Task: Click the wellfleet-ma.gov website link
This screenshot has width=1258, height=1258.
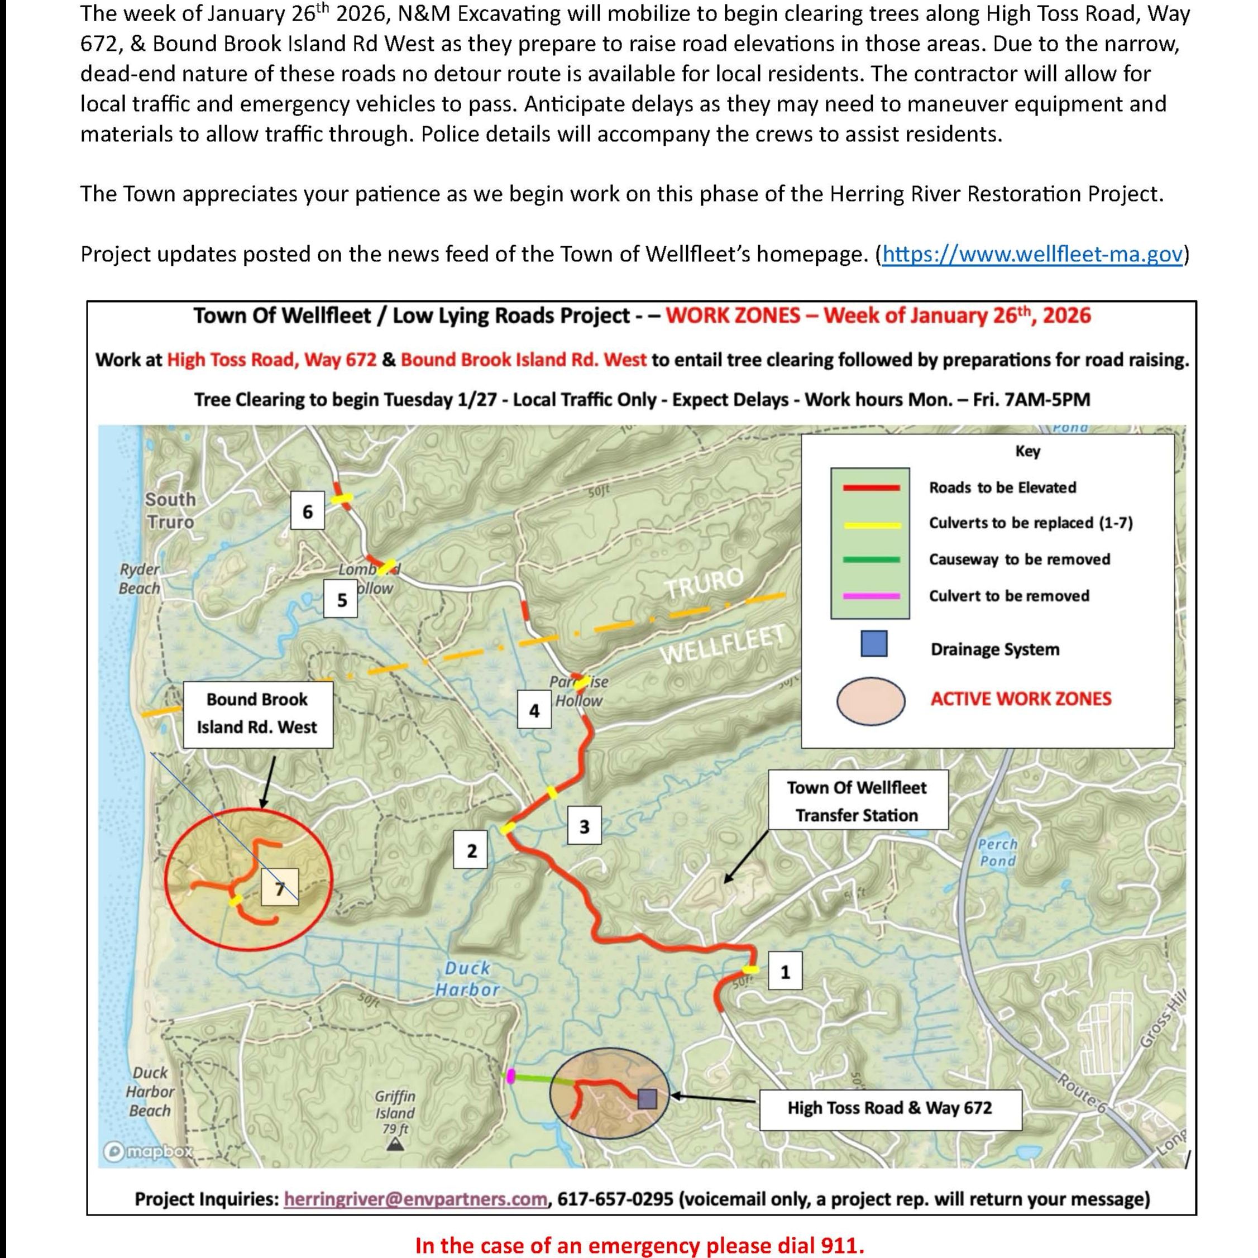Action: click(x=1031, y=254)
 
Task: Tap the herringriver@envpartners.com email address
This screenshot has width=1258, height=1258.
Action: click(x=415, y=1199)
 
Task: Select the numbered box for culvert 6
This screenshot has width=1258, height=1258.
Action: click(x=307, y=512)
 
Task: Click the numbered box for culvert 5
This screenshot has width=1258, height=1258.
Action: click(x=342, y=600)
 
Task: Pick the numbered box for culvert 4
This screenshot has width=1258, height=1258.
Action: click(x=534, y=710)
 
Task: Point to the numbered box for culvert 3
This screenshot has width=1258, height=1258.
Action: click(x=584, y=826)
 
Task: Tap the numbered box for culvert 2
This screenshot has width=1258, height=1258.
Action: click(x=471, y=850)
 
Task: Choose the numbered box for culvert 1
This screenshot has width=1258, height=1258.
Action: click(x=785, y=972)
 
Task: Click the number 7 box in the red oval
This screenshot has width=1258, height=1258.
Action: click(x=279, y=887)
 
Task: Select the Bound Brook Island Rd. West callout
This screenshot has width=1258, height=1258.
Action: click(x=257, y=714)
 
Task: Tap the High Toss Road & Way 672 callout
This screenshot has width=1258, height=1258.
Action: click(x=889, y=1108)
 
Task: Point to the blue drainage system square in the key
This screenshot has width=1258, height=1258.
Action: click(x=873, y=644)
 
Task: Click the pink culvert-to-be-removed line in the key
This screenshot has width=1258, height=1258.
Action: click(x=870, y=596)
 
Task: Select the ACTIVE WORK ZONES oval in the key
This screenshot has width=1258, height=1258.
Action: click(x=870, y=701)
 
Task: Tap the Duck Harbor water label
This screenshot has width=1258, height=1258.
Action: click(x=467, y=979)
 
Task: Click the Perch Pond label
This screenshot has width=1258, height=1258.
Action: click(x=997, y=852)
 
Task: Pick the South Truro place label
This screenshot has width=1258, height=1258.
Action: click(x=170, y=510)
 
